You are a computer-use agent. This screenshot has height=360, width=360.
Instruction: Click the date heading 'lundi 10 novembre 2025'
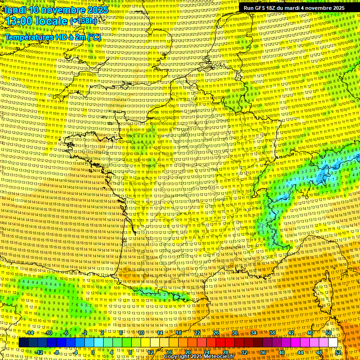55,10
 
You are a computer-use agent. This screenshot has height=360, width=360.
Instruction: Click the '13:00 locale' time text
36,21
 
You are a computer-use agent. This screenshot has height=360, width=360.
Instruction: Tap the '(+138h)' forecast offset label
84,21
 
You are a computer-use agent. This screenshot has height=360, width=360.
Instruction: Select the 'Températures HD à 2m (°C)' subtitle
53,37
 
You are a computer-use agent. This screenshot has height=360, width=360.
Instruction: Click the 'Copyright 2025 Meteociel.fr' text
199,356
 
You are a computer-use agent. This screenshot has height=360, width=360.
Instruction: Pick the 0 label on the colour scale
93,352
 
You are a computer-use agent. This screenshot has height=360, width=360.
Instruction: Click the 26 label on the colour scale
216,333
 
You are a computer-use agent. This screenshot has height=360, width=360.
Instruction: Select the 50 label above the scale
329,333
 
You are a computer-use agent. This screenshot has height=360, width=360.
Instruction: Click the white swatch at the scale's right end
333,343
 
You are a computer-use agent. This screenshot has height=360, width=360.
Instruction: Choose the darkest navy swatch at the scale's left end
23,343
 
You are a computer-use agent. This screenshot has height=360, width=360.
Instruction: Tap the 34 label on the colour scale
254,333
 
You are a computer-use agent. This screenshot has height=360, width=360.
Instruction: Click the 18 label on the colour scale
179,333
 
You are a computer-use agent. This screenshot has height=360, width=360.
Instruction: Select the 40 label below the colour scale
282,352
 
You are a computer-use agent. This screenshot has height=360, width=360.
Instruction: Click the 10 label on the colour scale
141,333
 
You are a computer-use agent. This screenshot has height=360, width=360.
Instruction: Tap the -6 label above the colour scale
66,333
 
